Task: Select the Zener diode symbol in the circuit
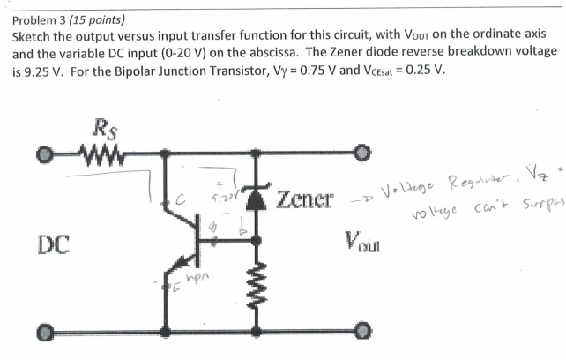256,197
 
